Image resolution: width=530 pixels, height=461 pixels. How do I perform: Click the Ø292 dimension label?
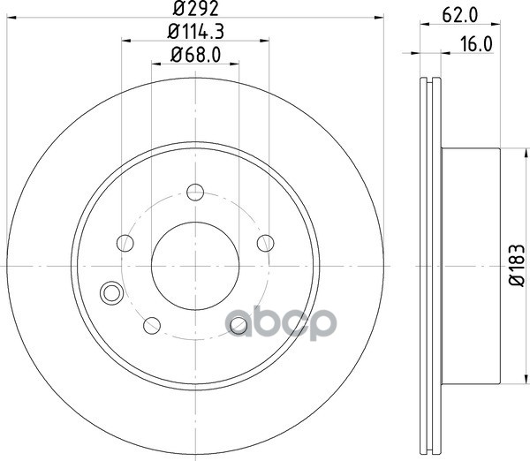pos(196,8)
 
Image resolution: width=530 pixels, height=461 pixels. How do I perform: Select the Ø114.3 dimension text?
pos(196,32)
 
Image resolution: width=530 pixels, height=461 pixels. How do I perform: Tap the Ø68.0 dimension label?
pos(196,55)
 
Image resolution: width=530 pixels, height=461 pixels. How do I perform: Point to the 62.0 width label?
pos(460,15)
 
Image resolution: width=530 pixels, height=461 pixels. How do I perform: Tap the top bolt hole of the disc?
pos(195,193)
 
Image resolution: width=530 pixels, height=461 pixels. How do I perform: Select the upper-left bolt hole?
pos(125,243)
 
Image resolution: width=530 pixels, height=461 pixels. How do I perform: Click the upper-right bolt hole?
pos(266,243)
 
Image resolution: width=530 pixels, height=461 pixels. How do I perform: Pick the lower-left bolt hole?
pos(152,326)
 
